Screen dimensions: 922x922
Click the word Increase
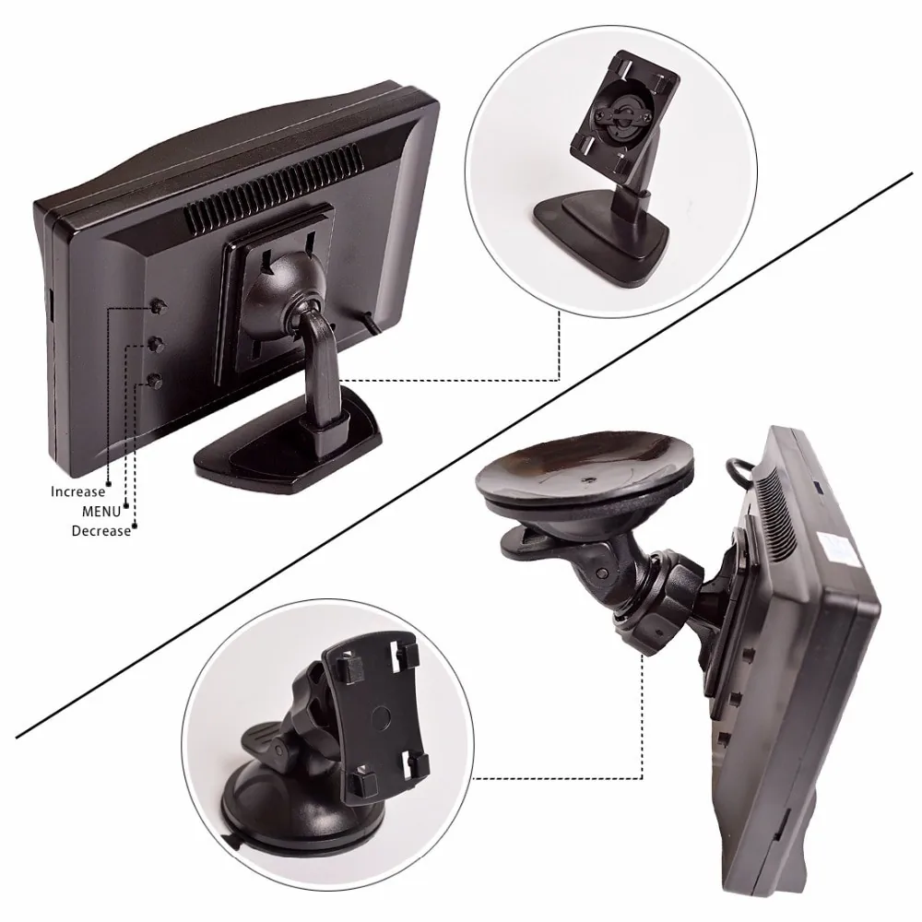(x=77, y=491)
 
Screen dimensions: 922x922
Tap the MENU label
(x=101, y=512)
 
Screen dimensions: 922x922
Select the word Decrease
(x=101, y=531)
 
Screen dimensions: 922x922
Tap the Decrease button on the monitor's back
(x=155, y=381)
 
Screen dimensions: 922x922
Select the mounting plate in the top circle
(x=625, y=113)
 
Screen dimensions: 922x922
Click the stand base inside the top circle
(x=601, y=230)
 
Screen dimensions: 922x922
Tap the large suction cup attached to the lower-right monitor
(x=585, y=469)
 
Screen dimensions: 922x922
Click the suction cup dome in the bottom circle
(x=294, y=806)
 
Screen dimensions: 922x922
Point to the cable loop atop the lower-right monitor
(x=742, y=470)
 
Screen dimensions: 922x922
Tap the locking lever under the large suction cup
(x=529, y=542)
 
